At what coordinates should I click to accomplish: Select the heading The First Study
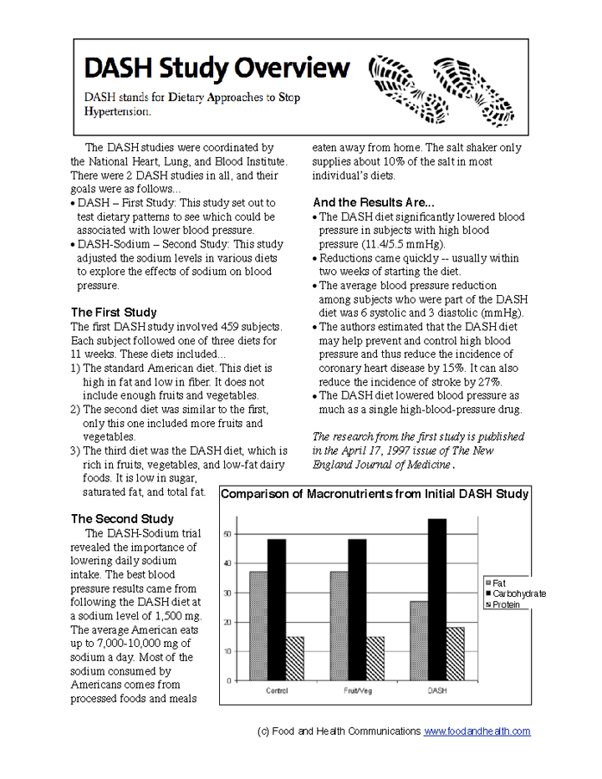coord(113,313)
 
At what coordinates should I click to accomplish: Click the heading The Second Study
coord(122,519)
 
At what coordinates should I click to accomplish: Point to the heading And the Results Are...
coord(373,202)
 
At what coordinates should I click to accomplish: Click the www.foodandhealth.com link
coord(477,731)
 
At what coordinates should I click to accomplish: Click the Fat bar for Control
coord(258,626)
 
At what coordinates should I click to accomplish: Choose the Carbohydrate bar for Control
coord(277,609)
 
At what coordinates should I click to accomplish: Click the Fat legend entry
coord(494,583)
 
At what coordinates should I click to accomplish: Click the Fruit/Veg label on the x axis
coord(357,691)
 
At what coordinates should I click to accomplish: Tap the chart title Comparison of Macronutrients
coord(374,494)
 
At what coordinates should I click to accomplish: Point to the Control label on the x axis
coord(277,691)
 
